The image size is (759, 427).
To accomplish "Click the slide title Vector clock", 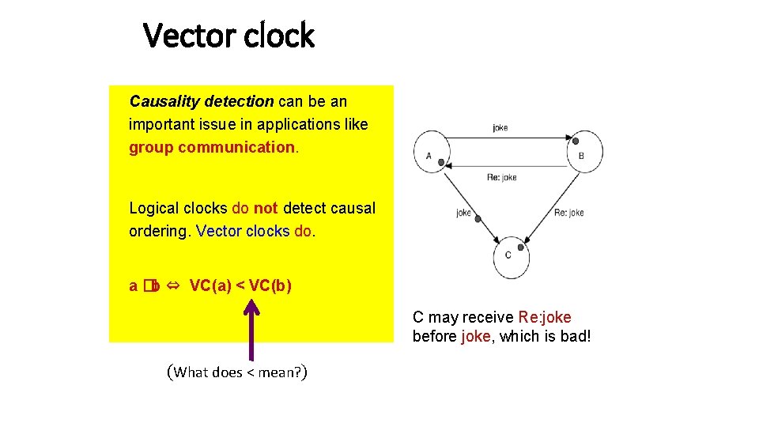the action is coord(228,36).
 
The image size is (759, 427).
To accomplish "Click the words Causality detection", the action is coord(202,102).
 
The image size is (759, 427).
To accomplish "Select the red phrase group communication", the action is coord(212,147).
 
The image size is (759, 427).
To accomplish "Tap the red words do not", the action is coord(255,209).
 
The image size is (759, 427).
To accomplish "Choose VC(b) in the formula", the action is coord(270,285).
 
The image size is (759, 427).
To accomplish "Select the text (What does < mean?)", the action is coord(237,372).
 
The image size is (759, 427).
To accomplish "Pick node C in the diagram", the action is coord(508,255).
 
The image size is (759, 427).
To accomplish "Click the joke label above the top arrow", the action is coord(500,127).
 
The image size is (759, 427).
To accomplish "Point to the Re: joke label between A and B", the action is coord(501,177).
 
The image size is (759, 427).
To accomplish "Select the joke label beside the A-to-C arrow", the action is coord(463,212).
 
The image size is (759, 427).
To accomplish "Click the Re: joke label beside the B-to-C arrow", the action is coord(568,212).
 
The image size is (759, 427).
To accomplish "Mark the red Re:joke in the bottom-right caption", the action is coord(545,318).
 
